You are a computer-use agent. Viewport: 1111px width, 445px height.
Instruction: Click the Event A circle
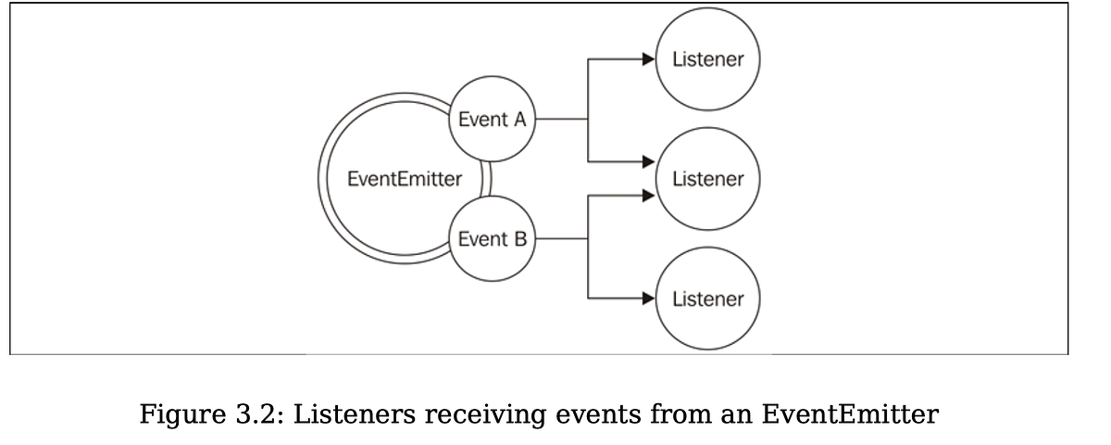tap(493, 119)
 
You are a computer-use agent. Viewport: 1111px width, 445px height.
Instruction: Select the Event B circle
tap(493, 239)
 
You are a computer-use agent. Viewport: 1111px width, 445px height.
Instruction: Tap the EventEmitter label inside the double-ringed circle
tap(404, 179)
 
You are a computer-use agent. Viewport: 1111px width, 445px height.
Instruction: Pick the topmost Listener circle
tap(706, 59)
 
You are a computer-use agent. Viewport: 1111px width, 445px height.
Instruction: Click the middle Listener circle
tap(706, 179)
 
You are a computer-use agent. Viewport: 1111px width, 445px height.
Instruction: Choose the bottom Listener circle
tap(706, 299)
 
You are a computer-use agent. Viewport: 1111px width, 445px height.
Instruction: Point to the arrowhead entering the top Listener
tap(649, 59)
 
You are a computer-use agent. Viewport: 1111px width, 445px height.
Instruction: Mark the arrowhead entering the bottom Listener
tap(649, 299)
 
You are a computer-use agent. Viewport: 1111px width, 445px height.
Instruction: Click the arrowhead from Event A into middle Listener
tap(649, 162)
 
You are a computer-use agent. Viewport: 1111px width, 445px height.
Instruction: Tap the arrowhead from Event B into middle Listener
tap(649, 195)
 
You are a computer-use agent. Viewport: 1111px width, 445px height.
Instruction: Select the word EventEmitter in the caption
tap(849, 414)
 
